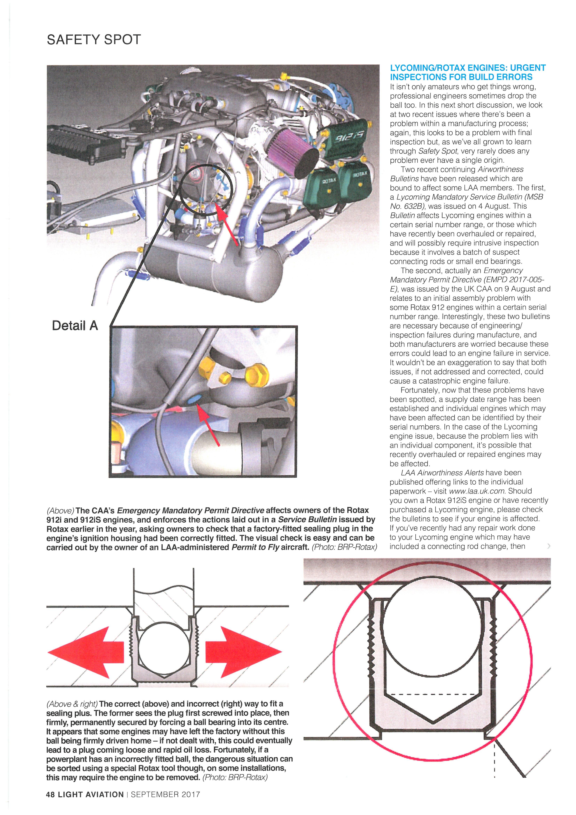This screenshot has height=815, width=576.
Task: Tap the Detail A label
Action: click(x=75, y=326)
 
